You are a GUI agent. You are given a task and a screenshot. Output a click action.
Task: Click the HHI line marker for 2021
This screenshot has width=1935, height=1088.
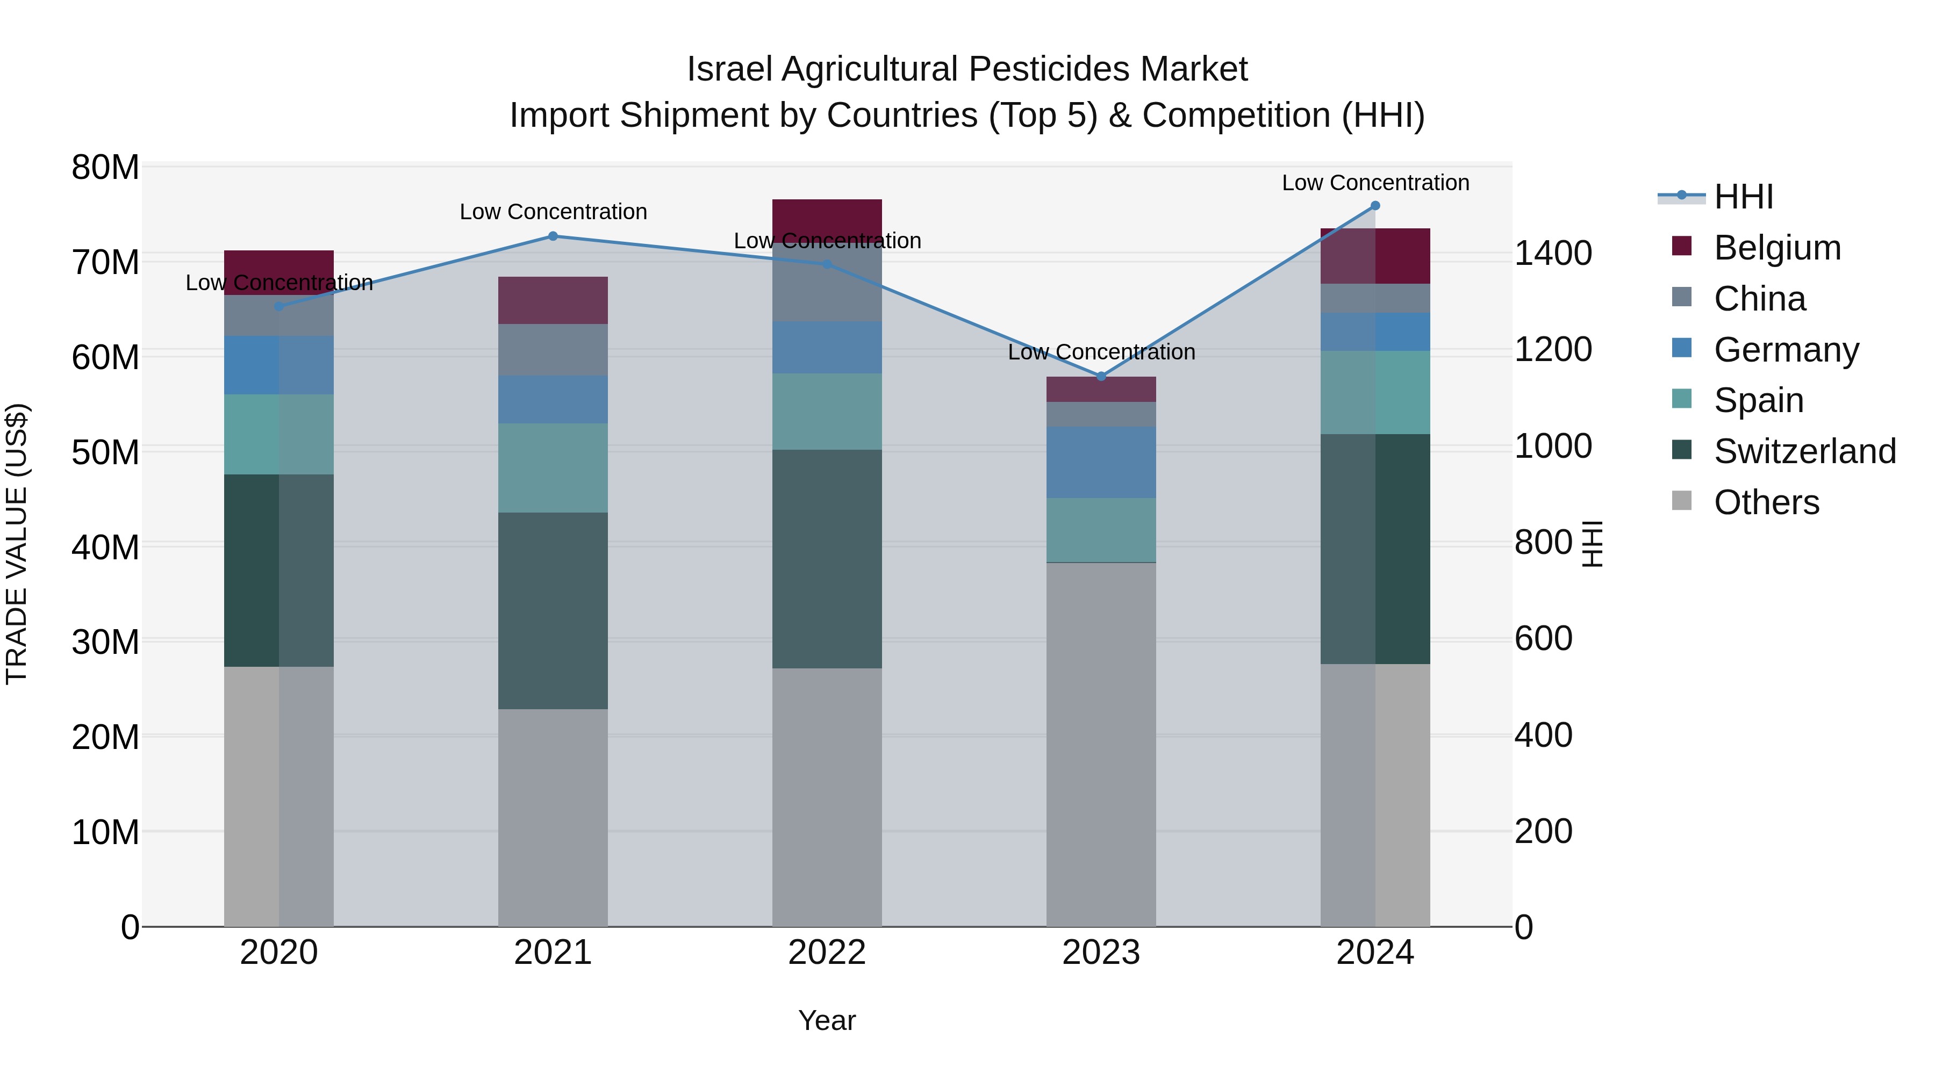click(x=553, y=236)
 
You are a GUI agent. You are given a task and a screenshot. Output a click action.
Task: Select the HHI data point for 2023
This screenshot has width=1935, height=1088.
click(x=1101, y=376)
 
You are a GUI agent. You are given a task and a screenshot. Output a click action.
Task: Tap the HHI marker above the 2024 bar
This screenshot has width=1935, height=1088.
click(x=1375, y=206)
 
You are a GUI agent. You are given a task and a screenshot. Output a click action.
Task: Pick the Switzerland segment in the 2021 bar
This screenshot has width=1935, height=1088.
click(x=553, y=610)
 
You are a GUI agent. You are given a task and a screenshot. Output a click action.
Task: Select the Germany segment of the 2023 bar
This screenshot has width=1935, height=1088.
click(x=1101, y=462)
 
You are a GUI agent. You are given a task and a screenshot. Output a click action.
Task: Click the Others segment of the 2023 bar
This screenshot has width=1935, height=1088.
click(x=1101, y=744)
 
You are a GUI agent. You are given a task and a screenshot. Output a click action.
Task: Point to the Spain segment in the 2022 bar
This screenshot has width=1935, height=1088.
click(x=827, y=412)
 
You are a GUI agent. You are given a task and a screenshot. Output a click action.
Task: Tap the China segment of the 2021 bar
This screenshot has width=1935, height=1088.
click(x=553, y=350)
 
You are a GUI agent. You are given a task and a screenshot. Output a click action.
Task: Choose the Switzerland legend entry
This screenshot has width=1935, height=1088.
click(x=1804, y=451)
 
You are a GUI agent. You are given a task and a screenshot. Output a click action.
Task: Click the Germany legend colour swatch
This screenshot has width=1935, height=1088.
click(x=1682, y=348)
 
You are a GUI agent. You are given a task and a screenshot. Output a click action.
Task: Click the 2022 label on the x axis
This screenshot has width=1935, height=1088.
click(x=827, y=953)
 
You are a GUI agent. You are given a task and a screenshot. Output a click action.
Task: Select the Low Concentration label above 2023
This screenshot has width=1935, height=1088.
click(x=1101, y=351)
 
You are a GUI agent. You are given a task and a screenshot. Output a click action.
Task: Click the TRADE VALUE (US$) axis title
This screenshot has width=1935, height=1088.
click(x=17, y=544)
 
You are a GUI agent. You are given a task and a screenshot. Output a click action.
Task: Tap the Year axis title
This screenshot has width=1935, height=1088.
click(x=827, y=1020)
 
